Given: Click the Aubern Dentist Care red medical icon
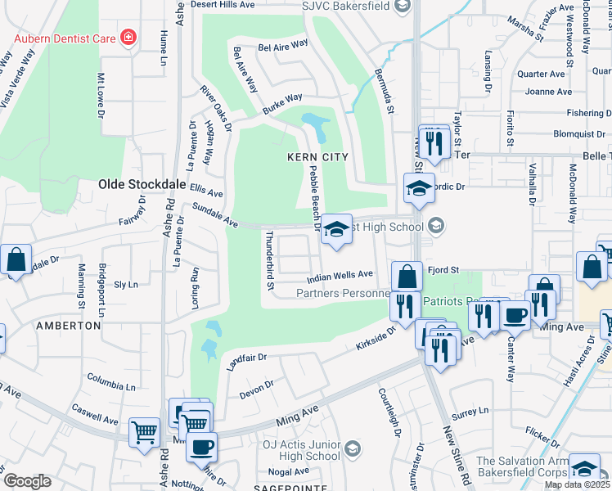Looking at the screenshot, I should point(127,38).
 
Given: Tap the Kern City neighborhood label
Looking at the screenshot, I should point(317,156).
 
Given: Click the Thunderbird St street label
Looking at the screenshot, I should point(269,260).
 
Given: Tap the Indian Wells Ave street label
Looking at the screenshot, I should point(340,277).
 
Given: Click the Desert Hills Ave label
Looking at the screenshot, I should point(223,5).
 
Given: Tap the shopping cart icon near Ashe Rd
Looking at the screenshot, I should point(145,432).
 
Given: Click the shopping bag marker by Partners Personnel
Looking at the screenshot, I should point(407,276).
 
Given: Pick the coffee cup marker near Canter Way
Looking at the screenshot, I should point(515,316).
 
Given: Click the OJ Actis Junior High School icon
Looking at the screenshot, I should point(352,448).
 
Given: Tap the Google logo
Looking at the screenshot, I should point(28,481).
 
